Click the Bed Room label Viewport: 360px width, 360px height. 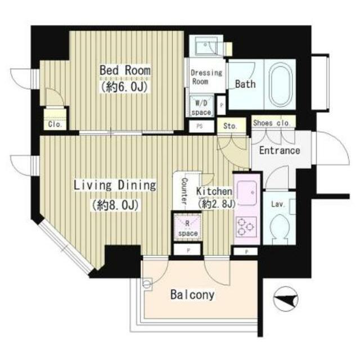click(125, 70)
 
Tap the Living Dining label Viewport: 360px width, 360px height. click(115, 185)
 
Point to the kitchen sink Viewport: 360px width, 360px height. click(247, 193)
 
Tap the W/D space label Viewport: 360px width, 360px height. click(201, 107)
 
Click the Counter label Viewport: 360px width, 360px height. click(184, 191)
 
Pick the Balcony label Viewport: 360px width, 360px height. click(192, 295)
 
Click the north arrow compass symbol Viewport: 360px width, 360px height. click(286, 299)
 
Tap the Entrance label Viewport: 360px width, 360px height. click(280, 151)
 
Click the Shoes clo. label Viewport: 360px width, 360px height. click(272, 123)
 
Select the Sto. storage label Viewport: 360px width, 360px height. click(230, 126)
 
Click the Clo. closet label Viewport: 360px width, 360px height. click(55, 124)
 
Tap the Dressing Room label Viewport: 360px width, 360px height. click(206, 77)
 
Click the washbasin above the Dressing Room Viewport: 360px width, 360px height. click(206, 46)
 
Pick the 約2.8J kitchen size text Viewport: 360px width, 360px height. click(217, 204)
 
